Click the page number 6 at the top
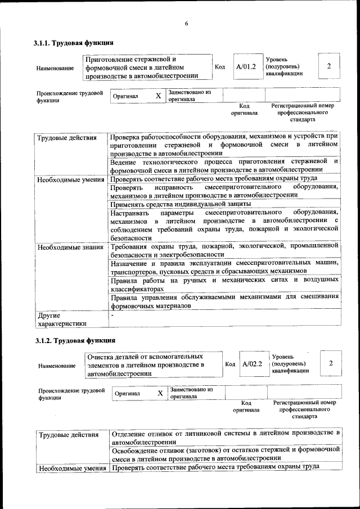point(186,23)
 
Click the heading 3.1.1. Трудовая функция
point(74,43)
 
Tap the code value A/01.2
point(246,66)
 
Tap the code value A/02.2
point(253,363)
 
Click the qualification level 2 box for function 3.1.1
point(329,66)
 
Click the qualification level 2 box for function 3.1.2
point(331,363)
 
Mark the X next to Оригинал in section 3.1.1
point(158,96)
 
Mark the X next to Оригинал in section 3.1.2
point(160,393)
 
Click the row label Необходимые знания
point(70,247)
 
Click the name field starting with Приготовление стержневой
point(147,67)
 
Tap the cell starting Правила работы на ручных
point(224,283)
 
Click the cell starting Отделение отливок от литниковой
point(225,437)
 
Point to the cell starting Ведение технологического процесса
point(224,165)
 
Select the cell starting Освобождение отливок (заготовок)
point(225,454)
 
